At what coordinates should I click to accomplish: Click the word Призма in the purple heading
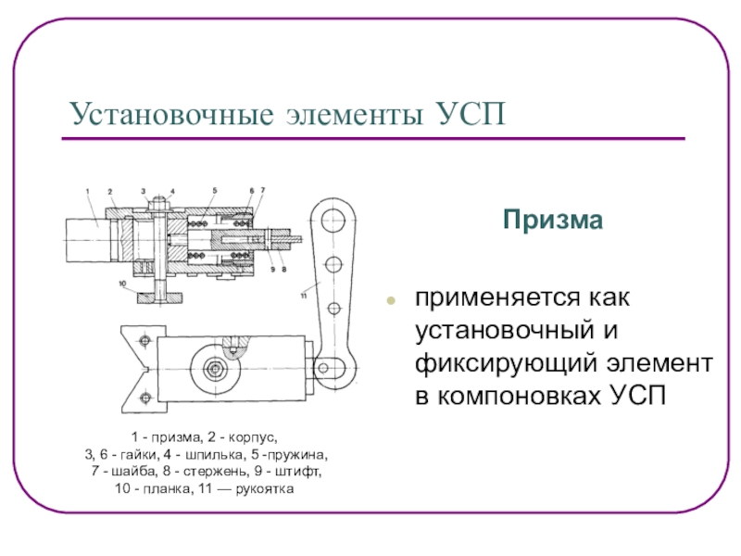click(552, 220)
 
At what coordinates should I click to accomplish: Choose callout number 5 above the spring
click(214, 191)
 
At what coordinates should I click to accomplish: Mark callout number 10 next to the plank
click(121, 283)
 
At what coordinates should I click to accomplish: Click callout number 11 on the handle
click(303, 296)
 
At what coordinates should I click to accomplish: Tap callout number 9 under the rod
click(273, 269)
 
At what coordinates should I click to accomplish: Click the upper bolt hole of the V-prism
click(144, 343)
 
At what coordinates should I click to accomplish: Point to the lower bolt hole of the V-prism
click(144, 398)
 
